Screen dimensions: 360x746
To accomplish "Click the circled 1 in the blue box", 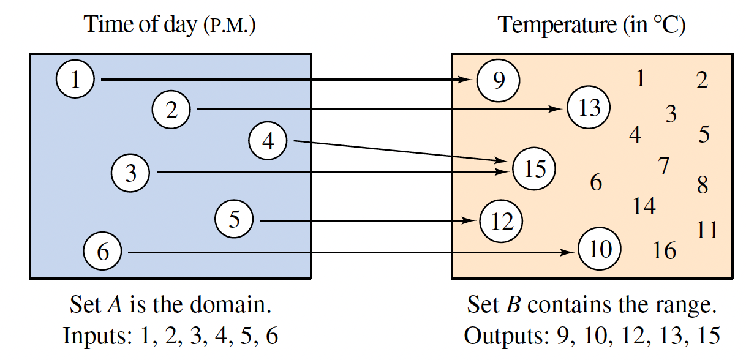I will coord(75,80).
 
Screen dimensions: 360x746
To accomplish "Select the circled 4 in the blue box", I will coord(268,141).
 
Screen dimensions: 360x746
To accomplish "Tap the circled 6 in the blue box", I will coord(102,252).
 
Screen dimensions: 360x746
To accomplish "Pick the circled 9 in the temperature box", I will coord(499,80).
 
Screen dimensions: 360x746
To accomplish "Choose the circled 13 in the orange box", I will coord(589,108).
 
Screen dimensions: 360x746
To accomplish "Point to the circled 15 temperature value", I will coord(534,168).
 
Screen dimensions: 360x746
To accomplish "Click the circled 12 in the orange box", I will coord(502,220).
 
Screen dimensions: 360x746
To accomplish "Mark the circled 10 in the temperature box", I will coord(599,249).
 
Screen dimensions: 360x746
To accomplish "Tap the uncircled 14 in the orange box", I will coord(644,206).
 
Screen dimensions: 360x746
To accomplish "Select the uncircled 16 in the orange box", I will coord(665,250).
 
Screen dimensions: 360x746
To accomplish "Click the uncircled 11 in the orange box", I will coord(707,230).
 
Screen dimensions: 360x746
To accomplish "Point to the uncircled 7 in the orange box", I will coord(663,166).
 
